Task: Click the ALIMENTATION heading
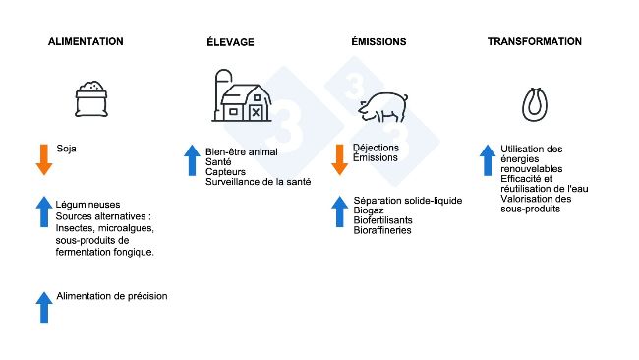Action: [x=86, y=42]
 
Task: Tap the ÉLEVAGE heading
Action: [x=230, y=42]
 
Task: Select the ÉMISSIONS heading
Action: [x=378, y=42]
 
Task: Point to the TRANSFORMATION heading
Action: [x=534, y=42]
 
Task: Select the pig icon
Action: [x=385, y=107]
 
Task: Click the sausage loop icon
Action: [x=535, y=103]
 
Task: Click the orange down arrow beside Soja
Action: [x=43, y=159]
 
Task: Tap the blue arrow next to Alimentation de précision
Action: [x=43, y=306]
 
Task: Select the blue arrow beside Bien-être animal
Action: [x=192, y=160]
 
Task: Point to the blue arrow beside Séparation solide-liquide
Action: [x=339, y=211]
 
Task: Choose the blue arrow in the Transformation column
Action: [x=487, y=160]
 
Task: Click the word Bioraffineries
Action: [x=382, y=230]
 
